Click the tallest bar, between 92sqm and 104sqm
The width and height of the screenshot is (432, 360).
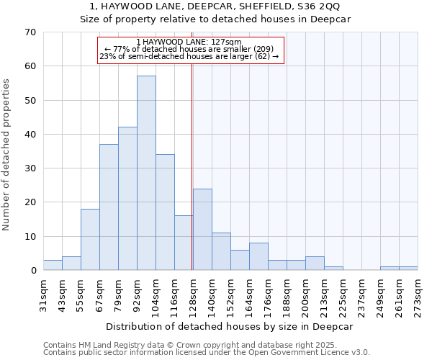click(146, 173)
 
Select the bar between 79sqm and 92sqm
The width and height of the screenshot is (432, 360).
click(127, 199)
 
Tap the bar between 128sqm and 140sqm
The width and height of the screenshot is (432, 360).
click(202, 229)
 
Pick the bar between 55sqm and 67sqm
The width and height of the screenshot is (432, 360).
click(90, 239)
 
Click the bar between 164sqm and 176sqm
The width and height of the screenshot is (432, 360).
click(258, 256)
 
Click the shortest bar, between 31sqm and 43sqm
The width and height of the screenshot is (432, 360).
click(53, 265)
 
